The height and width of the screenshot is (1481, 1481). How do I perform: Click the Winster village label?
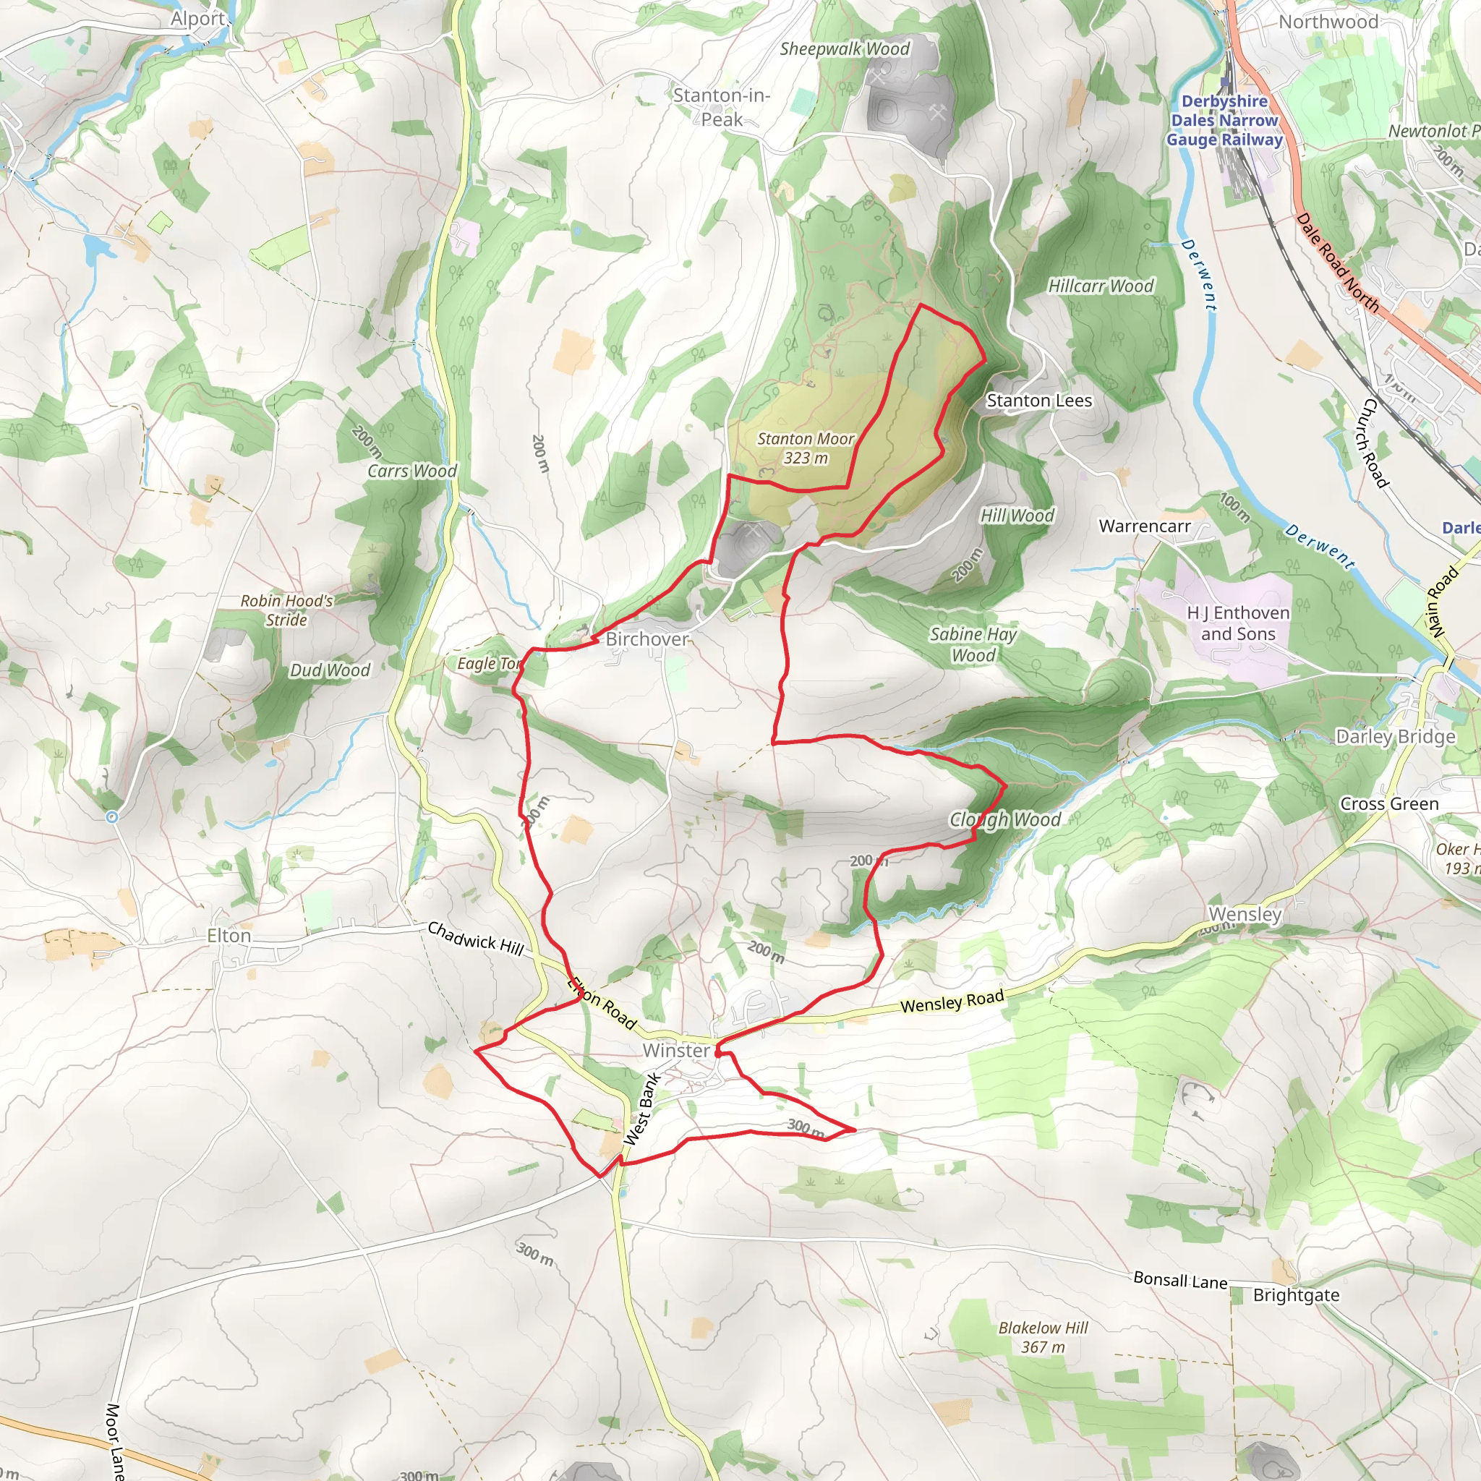click(x=676, y=1050)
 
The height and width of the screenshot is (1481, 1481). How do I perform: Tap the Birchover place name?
click(x=647, y=639)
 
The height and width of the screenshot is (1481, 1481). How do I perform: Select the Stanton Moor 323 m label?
click(x=805, y=448)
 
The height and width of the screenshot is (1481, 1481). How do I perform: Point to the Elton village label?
click(x=229, y=936)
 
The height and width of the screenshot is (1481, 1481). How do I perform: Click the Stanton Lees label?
click(x=1038, y=400)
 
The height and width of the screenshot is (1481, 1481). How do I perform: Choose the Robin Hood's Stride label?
click(x=286, y=610)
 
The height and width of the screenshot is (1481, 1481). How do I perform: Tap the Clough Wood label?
click(x=1005, y=819)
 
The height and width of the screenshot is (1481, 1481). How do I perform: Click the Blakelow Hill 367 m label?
click(x=1043, y=1337)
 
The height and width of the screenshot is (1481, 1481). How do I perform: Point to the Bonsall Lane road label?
click(x=1179, y=1280)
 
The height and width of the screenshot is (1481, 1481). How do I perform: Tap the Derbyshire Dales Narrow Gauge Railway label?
click(x=1224, y=120)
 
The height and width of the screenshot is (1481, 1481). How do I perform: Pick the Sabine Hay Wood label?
click(x=973, y=644)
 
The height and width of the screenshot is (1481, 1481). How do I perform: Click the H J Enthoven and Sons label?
click(x=1238, y=623)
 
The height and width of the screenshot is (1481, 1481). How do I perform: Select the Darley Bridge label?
click(x=1395, y=737)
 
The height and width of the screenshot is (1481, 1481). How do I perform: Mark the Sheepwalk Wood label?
click(x=845, y=49)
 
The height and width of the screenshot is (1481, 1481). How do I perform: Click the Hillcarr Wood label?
click(x=1101, y=286)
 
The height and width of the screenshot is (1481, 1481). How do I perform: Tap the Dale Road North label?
click(x=1338, y=263)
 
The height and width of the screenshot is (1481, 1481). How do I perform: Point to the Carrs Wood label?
click(x=411, y=471)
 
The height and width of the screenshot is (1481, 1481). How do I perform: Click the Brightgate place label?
click(x=1297, y=1295)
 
